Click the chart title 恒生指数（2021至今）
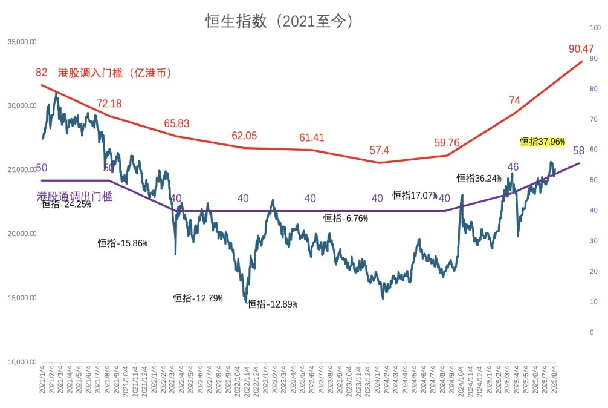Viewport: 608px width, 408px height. pyautogui.click(x=279, y=21)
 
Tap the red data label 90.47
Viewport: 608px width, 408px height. pyautogui.click(x=581, y=48)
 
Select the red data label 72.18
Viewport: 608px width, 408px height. pyautogui.click(x=109, y=104)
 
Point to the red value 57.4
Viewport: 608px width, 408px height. pyautogui.click(x=380, y=150)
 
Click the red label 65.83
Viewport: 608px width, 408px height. pyautogui.click(x=176, y=123)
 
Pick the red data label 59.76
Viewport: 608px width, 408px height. pyautogui.click(x=447, y=143)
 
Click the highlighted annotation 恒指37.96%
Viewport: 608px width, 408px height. pyautogui.click(x=542, y=142)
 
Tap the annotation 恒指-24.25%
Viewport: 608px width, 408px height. pyautogui.click(x=66, y=205)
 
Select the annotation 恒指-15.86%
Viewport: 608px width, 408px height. pyautogui.click(x=123, y=243)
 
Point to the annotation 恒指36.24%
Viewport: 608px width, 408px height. pyautogui.click(x=479, y=179)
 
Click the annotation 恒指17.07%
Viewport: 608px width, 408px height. pyautogui.click(x=415, y=196)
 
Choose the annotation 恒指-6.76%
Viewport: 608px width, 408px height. pyautogui.click(x=345, y=219)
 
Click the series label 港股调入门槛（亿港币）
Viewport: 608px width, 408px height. pyautogui.click(x=115, y=73)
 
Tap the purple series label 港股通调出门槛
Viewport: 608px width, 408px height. pyautogui.click(x=74, y=196)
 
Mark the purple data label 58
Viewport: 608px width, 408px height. pyautogui.click(x=578, y=150)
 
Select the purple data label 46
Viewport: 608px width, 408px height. pyautogui.click(x=513, y=167)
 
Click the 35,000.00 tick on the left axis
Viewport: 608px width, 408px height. pyautogui.click(x=22, y=42)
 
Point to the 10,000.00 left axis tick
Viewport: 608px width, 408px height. pyautogui.click(x=22, y=363)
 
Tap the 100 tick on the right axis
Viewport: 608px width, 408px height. pyautogui.click(x=595, y=28)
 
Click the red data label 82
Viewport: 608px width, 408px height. pyautogui.click(x=41, y=73)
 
